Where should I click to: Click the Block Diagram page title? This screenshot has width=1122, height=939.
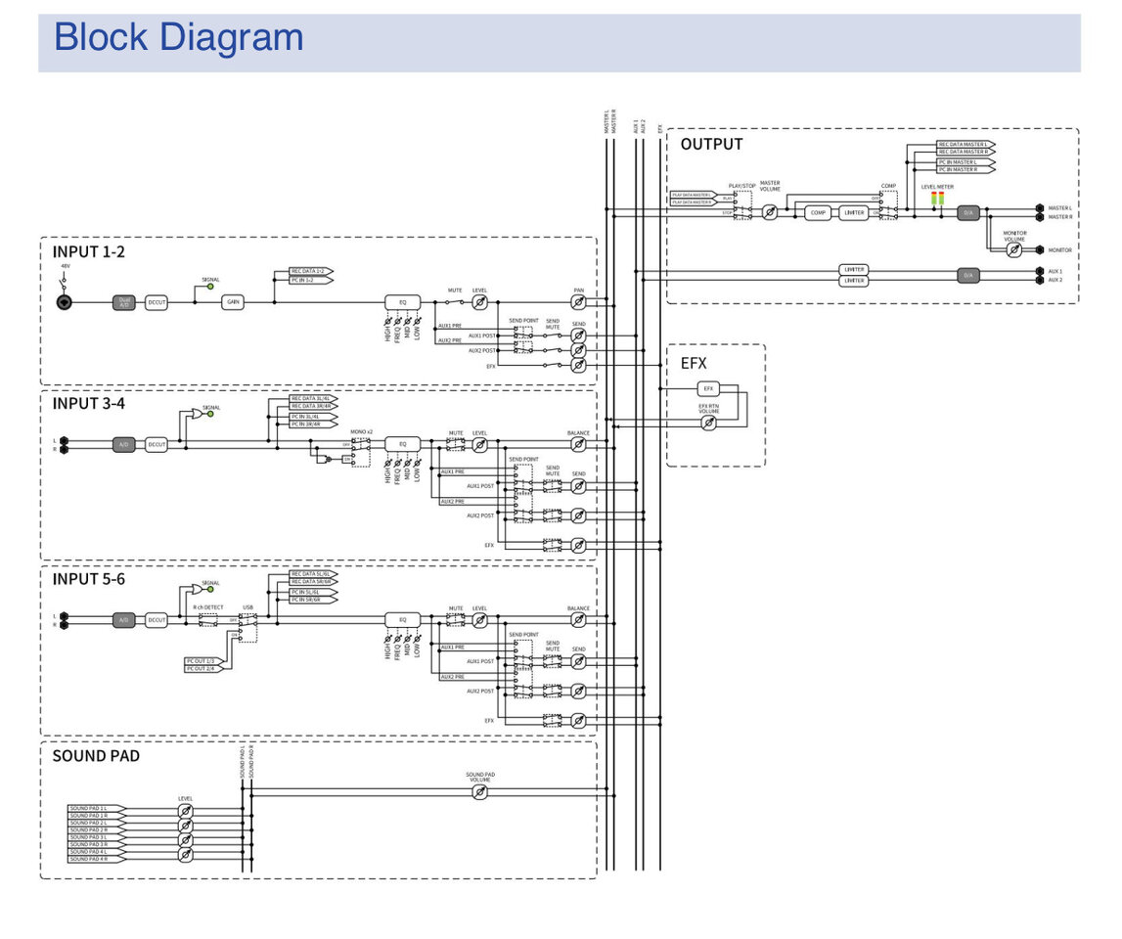point(178,38)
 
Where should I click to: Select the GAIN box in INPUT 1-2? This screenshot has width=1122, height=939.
point(233,302)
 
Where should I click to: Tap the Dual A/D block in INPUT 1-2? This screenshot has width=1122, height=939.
point(124,302)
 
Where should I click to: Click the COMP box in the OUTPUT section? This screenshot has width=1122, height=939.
point(818,212)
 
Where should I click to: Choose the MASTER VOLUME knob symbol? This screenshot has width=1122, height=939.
point(770,212)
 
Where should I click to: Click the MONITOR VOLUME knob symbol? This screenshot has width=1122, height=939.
point(1014,250)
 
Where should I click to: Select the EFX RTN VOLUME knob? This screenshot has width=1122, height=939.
point(709,424)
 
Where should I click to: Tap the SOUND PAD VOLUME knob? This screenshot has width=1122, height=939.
point(479,792)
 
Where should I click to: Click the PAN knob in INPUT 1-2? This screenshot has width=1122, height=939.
point(578,303)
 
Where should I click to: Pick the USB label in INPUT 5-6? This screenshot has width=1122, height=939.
point(247,607)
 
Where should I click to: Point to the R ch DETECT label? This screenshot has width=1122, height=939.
point(207,607)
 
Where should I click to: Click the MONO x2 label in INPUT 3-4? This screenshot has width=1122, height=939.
point(361,431)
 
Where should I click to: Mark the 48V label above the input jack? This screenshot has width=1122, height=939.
point(66,266)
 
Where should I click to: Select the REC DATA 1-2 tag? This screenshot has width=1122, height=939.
point(311,271)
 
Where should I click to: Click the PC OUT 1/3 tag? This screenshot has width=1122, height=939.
point(205,661)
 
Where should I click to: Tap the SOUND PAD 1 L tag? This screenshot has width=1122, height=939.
point(90,808)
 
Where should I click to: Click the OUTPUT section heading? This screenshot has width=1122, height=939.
point(711,145)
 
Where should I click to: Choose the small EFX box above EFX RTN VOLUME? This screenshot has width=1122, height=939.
point(709,388)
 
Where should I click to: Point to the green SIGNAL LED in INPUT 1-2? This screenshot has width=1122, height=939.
point(210,288)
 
